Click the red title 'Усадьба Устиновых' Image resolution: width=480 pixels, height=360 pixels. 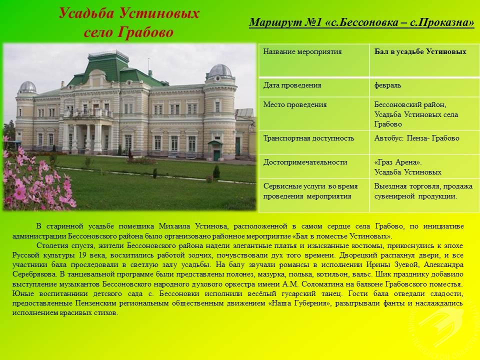pyautogui.click(x=129, y=13)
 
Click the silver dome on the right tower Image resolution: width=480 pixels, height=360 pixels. pyautogui.click(x=220, y=70)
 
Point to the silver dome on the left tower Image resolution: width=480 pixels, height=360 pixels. pyautogui.click(x=27, y=87)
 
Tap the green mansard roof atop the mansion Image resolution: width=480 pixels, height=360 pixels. pyautogui.click(x=108, y=68)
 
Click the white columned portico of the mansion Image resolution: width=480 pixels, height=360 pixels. pyautogui.click(x=87, y=134)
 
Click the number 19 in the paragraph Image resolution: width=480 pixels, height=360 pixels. pyautogui.click(x=82, y=255)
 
